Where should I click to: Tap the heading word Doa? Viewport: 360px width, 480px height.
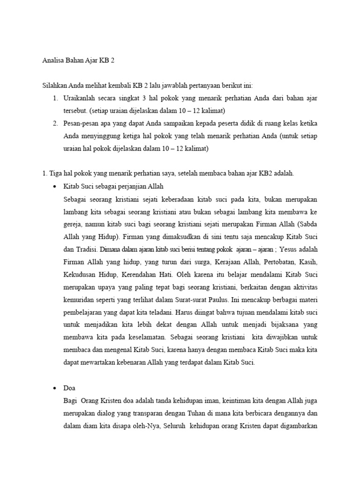tap(69, 389)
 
